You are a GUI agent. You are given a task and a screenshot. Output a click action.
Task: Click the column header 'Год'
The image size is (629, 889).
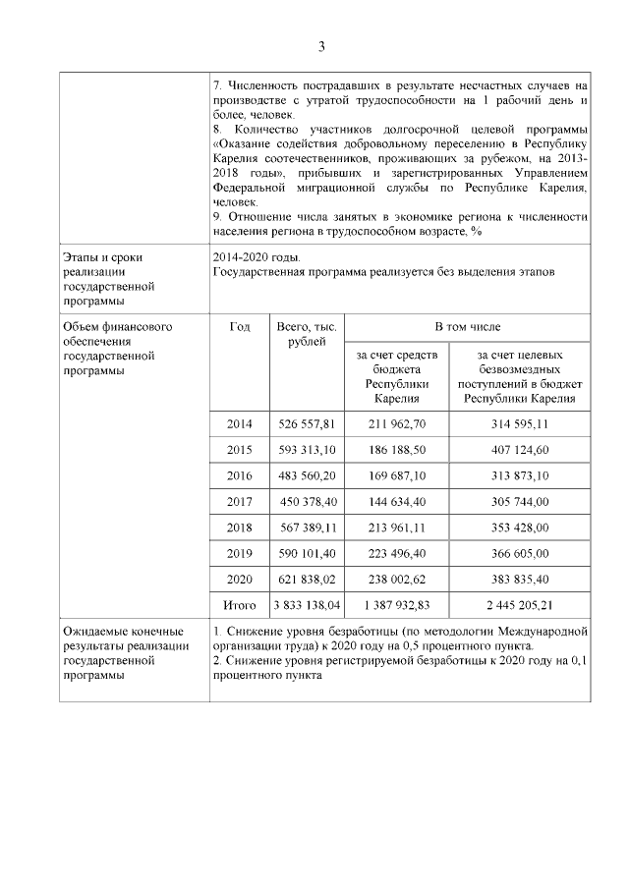[239, 326]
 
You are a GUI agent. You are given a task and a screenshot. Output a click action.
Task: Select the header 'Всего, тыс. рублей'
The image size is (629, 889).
[307, 334]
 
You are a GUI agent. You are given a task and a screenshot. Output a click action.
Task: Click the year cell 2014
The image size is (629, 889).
[239, 424]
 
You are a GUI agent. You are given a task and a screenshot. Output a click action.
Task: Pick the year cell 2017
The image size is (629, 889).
[239, 501]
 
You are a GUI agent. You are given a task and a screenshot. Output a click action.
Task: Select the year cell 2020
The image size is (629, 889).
[239, 578]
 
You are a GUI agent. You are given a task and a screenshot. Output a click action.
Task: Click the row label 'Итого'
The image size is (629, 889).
[239, 604]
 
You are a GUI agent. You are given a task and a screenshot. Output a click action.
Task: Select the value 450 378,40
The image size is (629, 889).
[309, 501]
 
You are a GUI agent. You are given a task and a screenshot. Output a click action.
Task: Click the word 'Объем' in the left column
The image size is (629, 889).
[82, 326]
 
